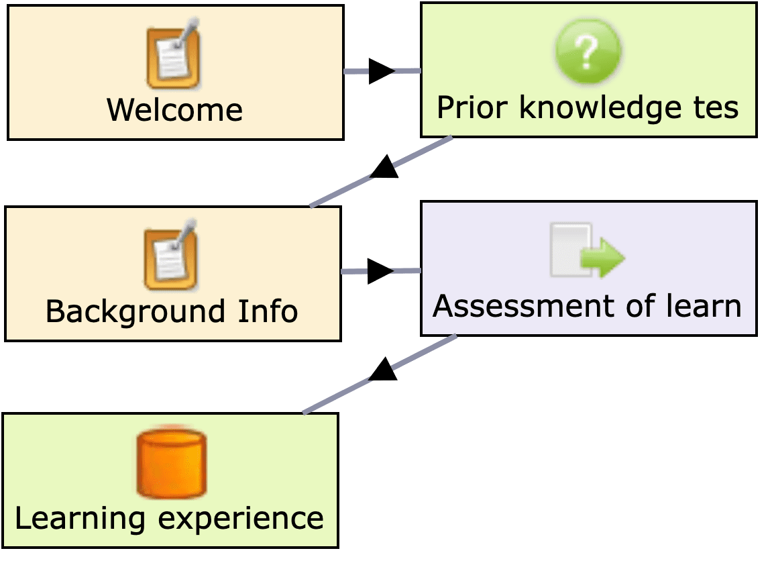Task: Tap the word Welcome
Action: tap(174, 110)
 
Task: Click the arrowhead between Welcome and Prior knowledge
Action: tap(382, 70)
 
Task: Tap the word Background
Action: tap(135, 311)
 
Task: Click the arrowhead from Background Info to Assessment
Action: tap(380, 271)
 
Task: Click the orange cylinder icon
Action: tap(172, 462)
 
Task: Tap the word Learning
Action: tap(80, 519)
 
